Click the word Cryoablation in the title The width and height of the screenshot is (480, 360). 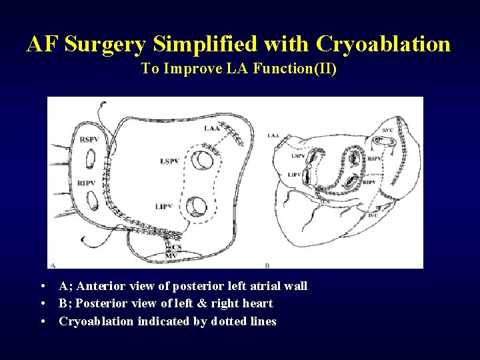(x=383, y=44)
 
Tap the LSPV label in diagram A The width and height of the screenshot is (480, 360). (x=170, y=161)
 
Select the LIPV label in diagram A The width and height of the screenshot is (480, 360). (x=164, y=207)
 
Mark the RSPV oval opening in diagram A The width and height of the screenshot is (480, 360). (x=90, y=159)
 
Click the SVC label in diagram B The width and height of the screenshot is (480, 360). (x=387, y=130)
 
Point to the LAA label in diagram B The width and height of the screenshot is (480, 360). (x=273, y=136)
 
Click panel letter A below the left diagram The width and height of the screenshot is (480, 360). (x=52, y=264)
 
